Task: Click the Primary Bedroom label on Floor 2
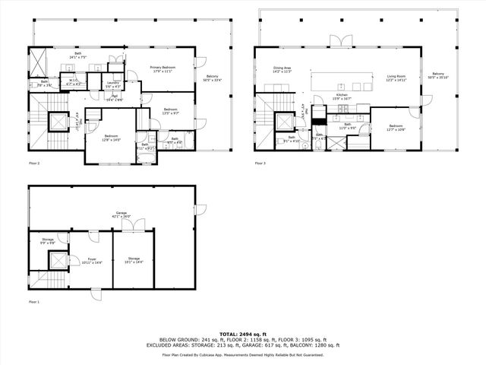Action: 164,69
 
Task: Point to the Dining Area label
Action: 282,71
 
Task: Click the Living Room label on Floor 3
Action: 396,78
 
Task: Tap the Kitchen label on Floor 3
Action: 342,97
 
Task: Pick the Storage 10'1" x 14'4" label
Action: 134,259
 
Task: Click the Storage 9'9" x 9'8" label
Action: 48,240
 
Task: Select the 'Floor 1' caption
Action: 34,302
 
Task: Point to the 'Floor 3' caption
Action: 260,163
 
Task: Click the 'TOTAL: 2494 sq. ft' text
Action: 242,334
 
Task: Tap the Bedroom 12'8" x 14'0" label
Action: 112,138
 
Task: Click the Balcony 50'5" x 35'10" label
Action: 438,76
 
